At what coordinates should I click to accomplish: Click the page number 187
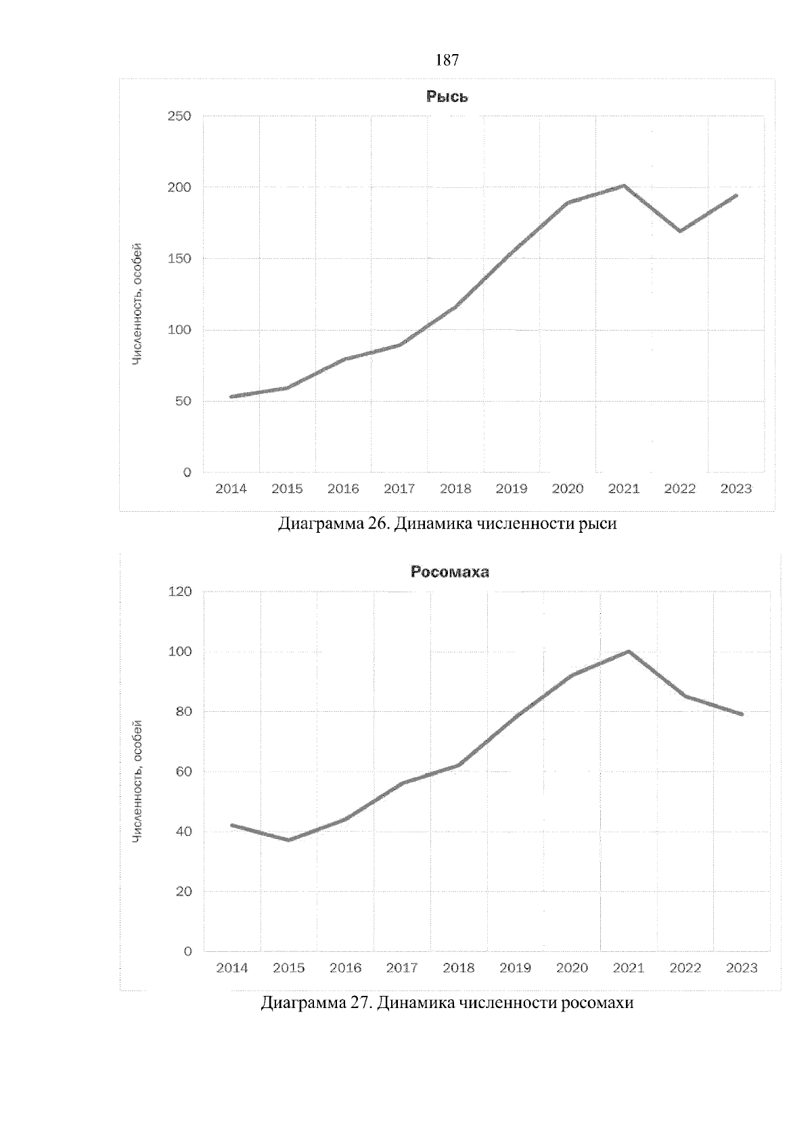447,60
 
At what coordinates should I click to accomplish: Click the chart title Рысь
447,97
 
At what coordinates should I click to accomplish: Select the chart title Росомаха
450,572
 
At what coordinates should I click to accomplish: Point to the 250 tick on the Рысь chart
179,116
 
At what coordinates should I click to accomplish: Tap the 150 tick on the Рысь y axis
179,259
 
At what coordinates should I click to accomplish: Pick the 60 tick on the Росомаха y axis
183,771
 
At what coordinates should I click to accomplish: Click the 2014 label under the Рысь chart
231,489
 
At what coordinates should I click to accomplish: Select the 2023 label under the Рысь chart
736,489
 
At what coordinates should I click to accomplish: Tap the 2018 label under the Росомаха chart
458,968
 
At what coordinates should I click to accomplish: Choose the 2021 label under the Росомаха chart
628,968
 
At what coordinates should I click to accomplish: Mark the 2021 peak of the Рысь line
623,185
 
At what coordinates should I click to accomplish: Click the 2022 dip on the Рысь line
679,231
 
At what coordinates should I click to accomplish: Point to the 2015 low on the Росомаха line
289,840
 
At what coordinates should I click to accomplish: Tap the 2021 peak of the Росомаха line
629,651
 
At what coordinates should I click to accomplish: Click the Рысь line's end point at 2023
736,195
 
